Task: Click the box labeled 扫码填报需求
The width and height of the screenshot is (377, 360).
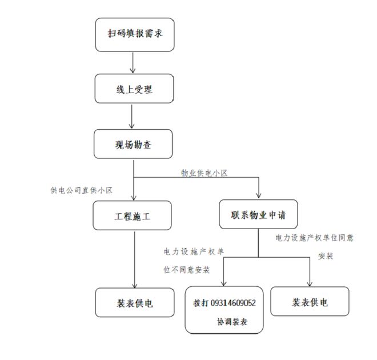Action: [134, 34]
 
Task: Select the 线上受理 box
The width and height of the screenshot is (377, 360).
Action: [134, 89]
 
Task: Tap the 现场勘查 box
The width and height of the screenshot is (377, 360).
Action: [134, 144]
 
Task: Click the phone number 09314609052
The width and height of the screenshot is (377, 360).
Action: [233, 303]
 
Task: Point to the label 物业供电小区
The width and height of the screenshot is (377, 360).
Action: [204, 173]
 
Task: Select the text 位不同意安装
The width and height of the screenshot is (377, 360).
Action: [187, 269]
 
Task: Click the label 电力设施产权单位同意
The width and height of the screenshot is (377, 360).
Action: [314, 237]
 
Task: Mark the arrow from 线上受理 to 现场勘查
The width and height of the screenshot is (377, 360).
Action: [133, 117]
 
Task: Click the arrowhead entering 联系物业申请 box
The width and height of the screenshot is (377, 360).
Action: [258, 197]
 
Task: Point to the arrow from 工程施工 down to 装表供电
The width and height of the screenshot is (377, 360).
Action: [134, 260]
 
